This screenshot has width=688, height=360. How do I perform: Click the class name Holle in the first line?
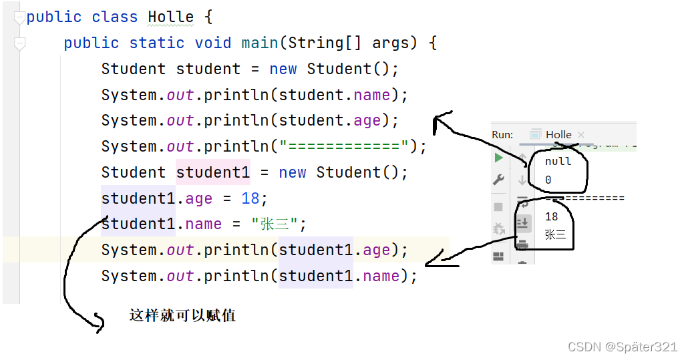pyautogui.click(x=170, y=17)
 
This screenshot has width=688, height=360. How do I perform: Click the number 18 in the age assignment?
pyautogui.click(x=250, y=198)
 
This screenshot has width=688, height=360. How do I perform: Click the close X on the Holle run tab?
pyautogui.click(x=581, y=135)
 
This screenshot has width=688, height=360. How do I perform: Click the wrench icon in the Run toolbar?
pyautogui.click(x=498, y=180)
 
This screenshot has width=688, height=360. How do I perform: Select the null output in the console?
pyautogui.click(x=558, y=162)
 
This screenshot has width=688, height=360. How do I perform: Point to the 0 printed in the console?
pyautogui.click(x=548, y=180)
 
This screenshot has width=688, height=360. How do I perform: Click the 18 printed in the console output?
pyautogui.click(x=552, y=216)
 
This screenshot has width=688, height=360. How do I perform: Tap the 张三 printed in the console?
pyautogui.click(x=555, y=234)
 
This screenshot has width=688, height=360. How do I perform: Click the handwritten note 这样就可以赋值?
pyautogui.click(x=182, y=315)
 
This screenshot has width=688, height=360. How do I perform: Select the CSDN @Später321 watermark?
pyautogui.click(x=622, y=347)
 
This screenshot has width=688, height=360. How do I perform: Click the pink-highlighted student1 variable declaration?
pyautogui.click(x=212, y=172)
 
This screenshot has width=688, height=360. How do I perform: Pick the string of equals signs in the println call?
pyautogui.click(x=343, y=146)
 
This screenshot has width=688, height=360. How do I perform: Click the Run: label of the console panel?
pyautogui.click(x=502, y=134)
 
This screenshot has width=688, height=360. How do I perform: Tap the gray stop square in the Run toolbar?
pyautogui.click(x=498, y=207)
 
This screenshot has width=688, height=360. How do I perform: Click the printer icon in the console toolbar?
pyautogui.click(x=522, y=244)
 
